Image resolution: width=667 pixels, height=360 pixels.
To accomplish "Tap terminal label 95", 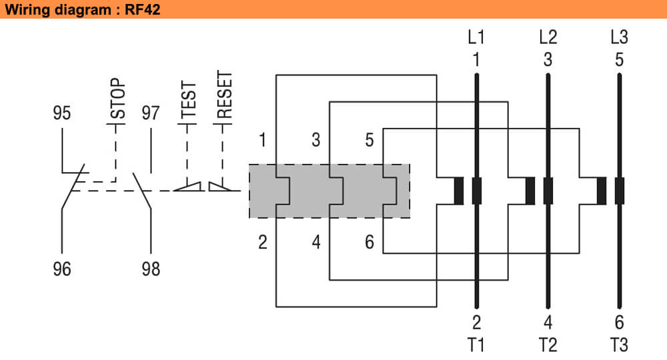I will tap(61, 113).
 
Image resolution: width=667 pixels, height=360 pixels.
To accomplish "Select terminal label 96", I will tap(61, 269).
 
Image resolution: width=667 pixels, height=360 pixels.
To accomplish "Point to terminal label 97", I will tap(151, 113).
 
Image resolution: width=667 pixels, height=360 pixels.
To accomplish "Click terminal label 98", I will tap(151, 269).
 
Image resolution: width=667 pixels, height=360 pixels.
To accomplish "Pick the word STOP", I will tap(117, 99).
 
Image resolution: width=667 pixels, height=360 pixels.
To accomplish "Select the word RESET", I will tap(225, 95).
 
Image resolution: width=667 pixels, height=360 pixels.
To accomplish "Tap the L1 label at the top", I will tap(476, 37).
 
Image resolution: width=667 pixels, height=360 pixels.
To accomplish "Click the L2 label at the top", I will tap(548, 37).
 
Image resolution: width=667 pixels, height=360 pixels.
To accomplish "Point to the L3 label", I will tap(619, 37).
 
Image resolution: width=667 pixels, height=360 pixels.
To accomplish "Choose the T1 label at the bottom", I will tap(476, 345).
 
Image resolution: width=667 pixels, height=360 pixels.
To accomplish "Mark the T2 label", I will tap(548, 345).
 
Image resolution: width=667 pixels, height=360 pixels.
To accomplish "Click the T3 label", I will tap(619, 345).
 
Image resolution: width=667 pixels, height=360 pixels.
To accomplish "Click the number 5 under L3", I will tap(619, 60).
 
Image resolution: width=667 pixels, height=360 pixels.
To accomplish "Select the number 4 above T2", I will tap(548, 323).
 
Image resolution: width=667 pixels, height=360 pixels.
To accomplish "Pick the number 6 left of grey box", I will tap(369, 242).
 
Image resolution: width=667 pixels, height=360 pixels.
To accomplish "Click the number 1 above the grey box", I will tap(263, 140).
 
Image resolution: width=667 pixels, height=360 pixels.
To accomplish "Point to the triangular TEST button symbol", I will tap(188, 187).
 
